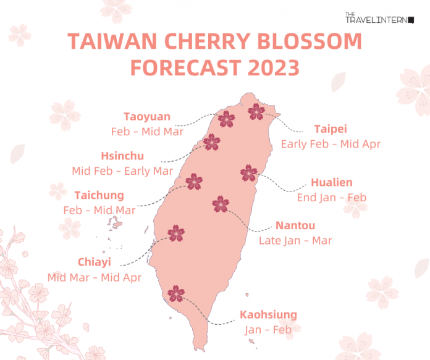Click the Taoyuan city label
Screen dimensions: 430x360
[147, 117]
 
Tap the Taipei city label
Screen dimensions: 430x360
[330, 129]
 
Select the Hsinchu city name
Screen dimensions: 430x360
[122, 156]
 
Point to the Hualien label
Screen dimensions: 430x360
[331, 183]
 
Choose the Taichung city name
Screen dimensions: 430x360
[99, 195]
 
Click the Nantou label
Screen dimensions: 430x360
[295, 225]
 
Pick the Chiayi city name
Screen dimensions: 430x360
[94, 262]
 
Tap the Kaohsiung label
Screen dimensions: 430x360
[268, 315]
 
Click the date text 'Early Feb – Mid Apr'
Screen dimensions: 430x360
[331, 144]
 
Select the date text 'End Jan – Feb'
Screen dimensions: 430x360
[331, 198]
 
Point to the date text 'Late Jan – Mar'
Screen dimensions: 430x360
[295, 240]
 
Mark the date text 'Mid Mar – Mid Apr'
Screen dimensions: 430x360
[95, 277]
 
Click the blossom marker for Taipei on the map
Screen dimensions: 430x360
[256, 112]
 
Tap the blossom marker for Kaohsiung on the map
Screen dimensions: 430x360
[177, 293]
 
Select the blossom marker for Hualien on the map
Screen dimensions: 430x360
[248, 173]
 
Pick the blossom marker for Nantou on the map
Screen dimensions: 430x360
[221, 203]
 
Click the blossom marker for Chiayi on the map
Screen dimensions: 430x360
[176, 233]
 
